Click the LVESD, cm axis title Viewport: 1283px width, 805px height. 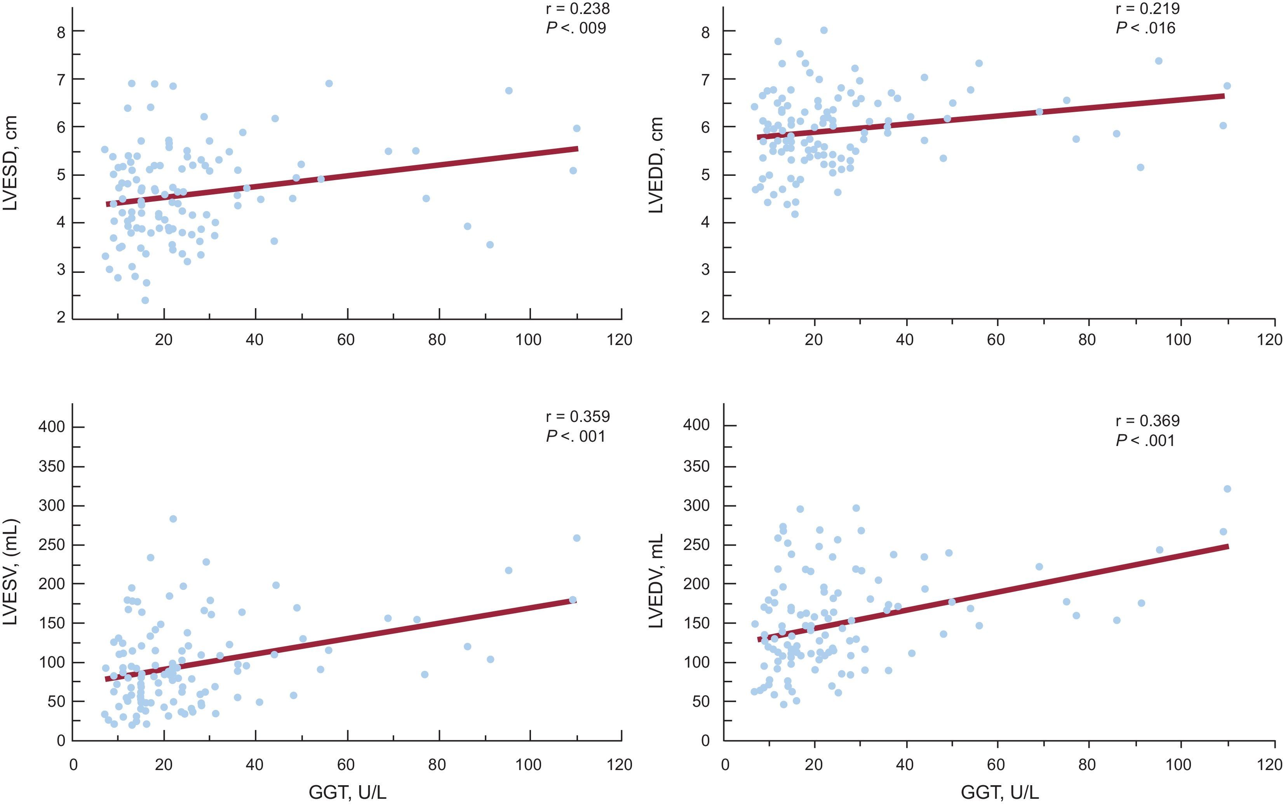pyautogui.click(x=10, y=163)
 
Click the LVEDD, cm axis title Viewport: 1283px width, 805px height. pyautogui.click(x=656, y=165)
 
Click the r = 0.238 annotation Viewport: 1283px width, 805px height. pyautogui.click(x=578, y=9)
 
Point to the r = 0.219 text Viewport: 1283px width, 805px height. pyautogui.click(x=1148, y=9)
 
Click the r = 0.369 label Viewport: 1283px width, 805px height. pyautogui.click(x=1148, y=421)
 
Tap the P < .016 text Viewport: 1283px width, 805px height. pyautogui.click(x=1145, y=28)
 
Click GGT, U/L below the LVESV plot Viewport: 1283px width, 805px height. pyautogui.click(x=347, y=793)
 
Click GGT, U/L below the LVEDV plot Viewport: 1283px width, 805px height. pyautogui.click(x=999, y=793)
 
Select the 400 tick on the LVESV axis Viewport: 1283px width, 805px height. pyautogui.click(x=52, y=427)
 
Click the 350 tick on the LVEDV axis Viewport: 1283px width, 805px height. pyautogui.click(x=696, y=467)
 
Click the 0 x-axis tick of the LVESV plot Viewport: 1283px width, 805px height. pyautogui.click(x=73, y=765)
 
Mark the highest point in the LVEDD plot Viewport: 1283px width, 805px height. pyautogui.click(x=824, y=30)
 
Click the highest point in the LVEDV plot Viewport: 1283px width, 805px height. pyautogui.click(x=1227, y=489)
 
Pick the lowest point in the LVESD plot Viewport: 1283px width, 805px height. pyautogui.click(x=145, y=300)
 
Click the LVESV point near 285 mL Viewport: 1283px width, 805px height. pyautogui.click(x=172, y=519)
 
